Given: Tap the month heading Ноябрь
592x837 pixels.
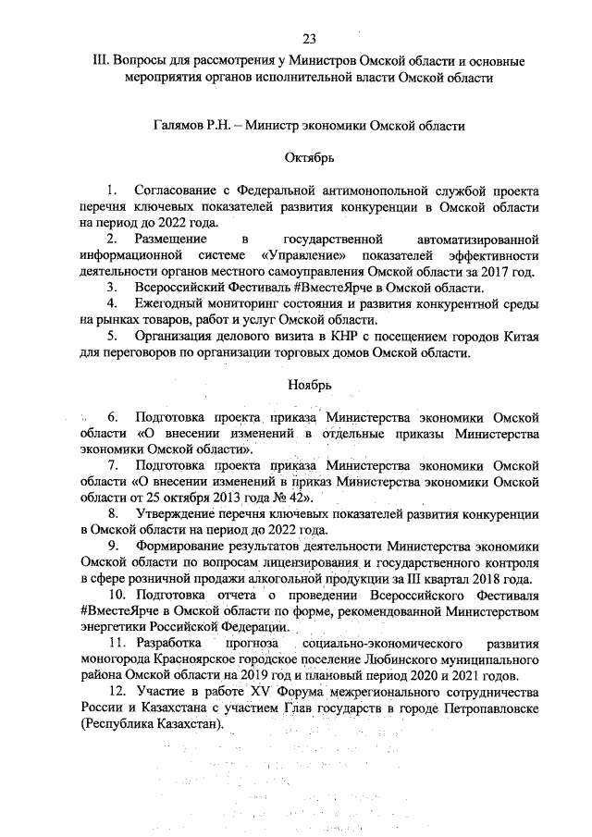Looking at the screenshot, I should point(309,384).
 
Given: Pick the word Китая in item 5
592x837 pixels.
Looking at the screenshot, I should point(521,336).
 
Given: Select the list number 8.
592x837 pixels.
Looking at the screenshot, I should point(113,513).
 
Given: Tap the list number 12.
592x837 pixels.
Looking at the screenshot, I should point(117,691).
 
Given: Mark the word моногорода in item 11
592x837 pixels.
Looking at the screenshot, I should point(115,659).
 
